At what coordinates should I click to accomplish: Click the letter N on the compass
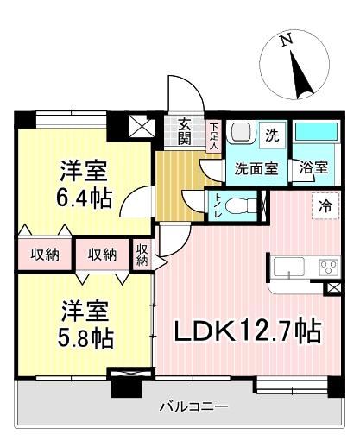point(287,39)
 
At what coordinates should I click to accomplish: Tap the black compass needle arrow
point(300,75)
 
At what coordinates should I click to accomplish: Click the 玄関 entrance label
point(185,131)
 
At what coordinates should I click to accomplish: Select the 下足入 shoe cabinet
point(213,135)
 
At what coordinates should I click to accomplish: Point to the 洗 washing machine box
point(272,135)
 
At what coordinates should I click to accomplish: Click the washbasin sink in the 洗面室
point(241,132)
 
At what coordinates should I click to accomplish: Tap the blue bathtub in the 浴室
point(316,131)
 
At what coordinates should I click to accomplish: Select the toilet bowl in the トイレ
point(240,205)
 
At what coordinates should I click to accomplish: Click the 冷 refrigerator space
point(325,205)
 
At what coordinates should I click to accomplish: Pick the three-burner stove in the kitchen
point(329,267)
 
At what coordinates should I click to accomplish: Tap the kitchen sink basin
point(288,267)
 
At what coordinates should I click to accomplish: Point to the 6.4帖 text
point(84,199)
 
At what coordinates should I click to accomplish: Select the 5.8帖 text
point(85,338)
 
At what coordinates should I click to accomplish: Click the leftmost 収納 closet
point(45,255)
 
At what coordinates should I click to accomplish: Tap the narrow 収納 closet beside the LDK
point(142,255)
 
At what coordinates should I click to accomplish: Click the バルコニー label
point(194,406)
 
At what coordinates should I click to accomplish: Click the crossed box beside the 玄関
point(142,126)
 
